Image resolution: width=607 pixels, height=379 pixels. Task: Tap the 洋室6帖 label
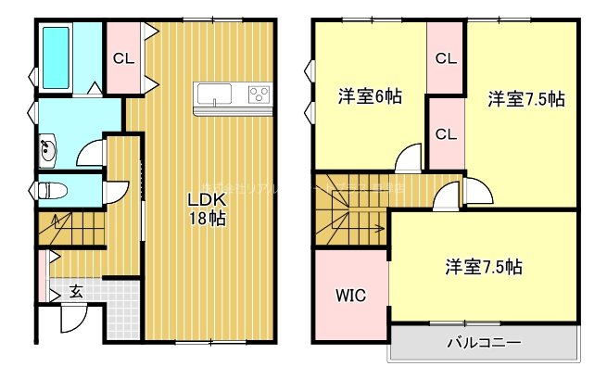click(x=369, y=95)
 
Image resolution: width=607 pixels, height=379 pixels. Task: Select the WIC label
click(x=350, y=297)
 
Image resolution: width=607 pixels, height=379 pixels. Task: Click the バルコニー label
click(x=483, y=342)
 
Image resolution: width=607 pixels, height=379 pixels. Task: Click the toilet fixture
click(x=54, y=190)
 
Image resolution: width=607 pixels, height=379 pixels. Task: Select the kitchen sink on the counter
click(x=214, y=93)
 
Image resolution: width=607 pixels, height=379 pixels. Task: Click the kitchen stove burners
click(x=257, y=93)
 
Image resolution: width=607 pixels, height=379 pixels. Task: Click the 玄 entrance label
click(x=76, y=291)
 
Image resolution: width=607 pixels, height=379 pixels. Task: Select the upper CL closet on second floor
click(x=446, y=58)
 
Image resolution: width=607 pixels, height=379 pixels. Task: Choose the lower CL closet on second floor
click(x=446, y=133)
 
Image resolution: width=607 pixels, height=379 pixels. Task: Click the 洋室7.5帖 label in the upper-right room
click(x=526, y=99)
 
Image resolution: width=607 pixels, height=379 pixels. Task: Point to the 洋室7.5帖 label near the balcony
click(x=483, y=268)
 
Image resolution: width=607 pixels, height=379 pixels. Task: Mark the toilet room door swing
click(x=116, y=192)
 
